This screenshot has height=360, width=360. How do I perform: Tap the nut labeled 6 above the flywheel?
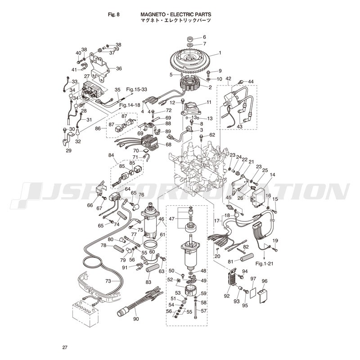[x=190, y=38]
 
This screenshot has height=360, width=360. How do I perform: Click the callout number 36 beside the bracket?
[x=119, y=68]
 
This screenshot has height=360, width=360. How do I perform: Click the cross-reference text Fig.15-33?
[x=137, y=89]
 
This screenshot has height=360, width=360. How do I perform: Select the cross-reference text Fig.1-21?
[x=265, y=263]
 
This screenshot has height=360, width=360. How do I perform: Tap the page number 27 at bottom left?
[x=65, y=347]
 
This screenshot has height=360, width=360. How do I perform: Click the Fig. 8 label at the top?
[x=114, y=14]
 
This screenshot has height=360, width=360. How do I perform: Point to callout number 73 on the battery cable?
[x=108, y=281]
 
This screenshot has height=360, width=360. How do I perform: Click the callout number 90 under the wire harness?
[x=136, y=319]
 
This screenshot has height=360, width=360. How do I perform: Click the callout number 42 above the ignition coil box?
[x=228, y=78]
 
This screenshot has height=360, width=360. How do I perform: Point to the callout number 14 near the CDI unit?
[x=272, y=175]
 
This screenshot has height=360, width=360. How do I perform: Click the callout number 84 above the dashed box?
[x=111, y=155]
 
